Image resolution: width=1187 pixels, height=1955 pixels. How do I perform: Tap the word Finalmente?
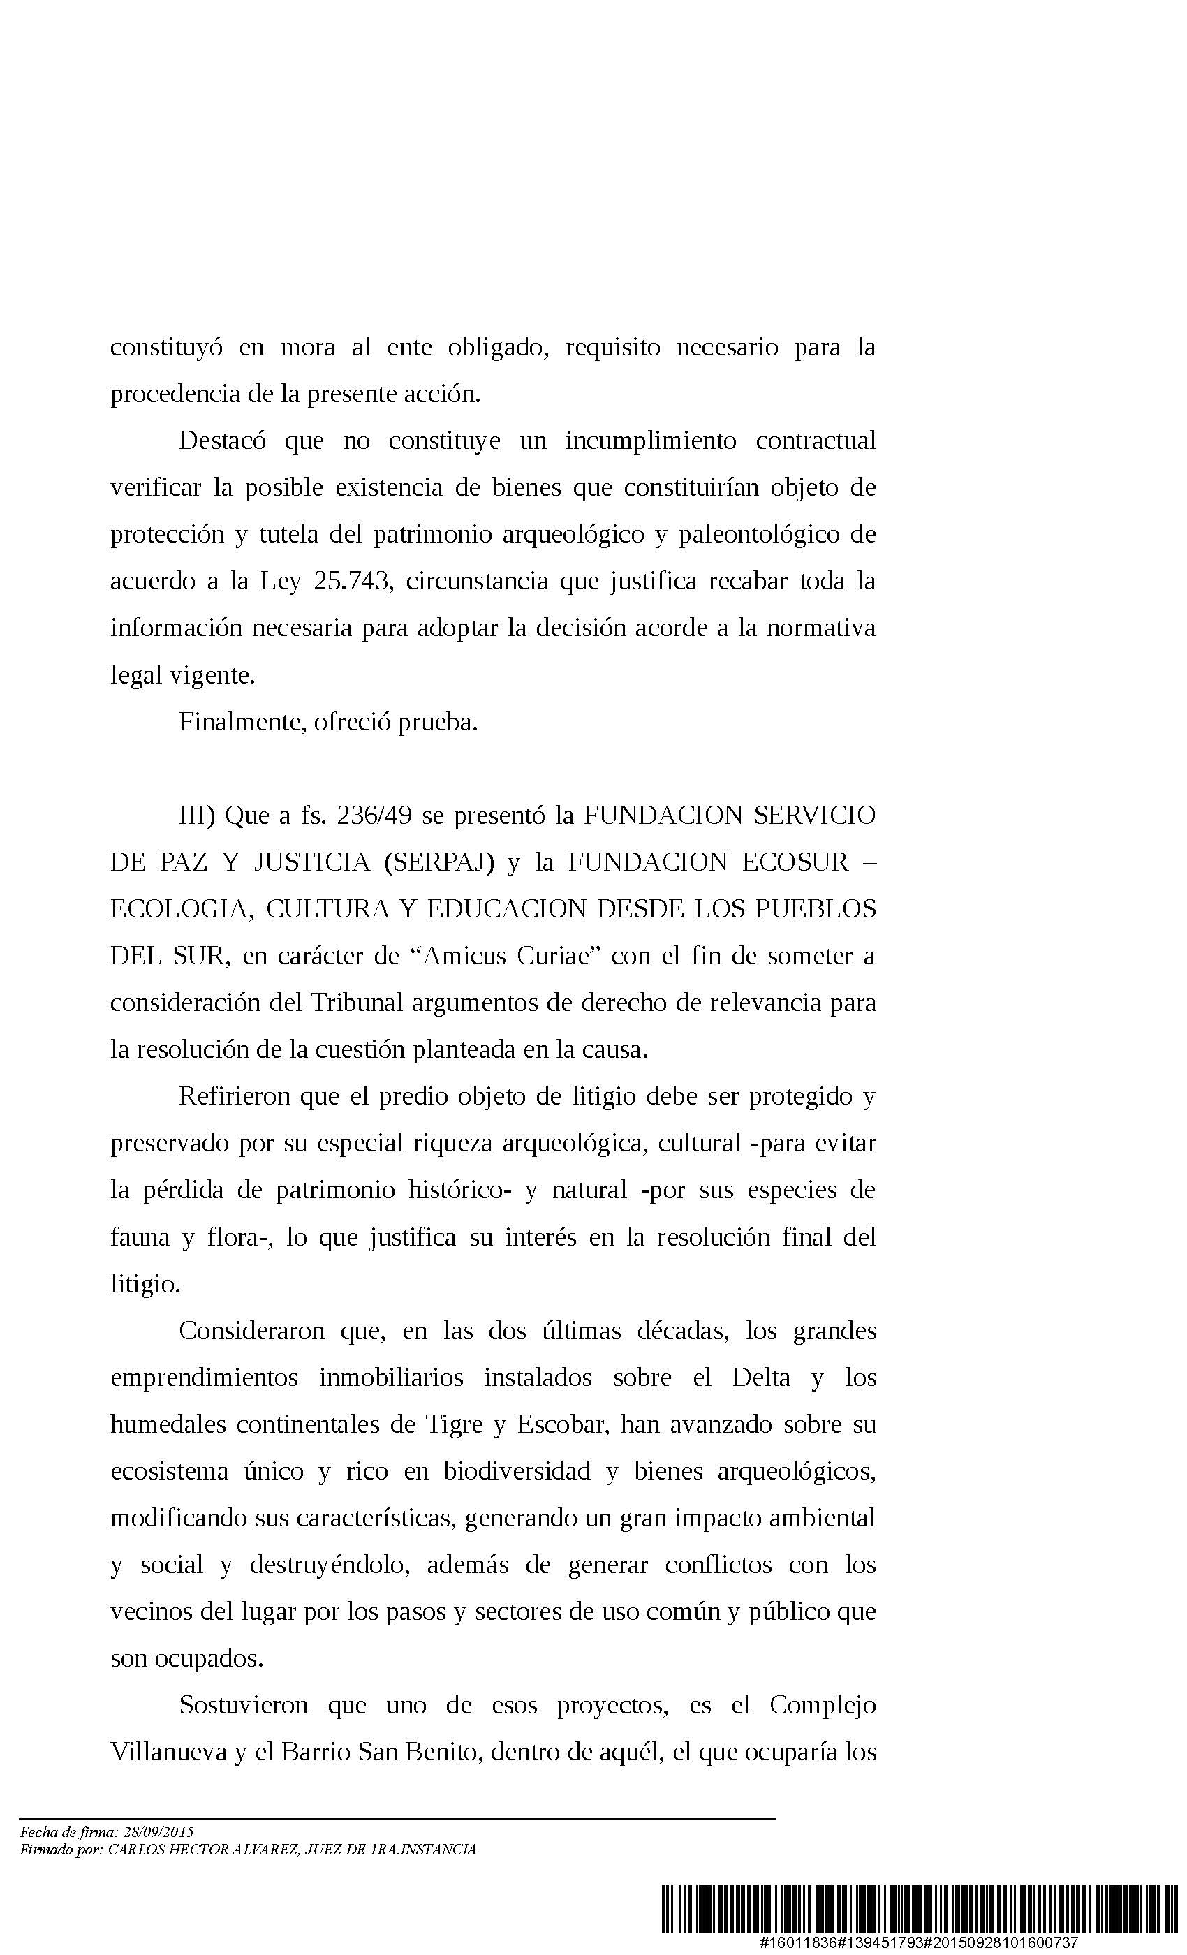[242, 722]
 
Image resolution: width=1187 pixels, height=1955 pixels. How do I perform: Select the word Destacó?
[222, 441]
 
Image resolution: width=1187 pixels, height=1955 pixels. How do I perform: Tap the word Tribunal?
[357, 1003]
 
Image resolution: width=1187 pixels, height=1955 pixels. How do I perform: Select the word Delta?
[761, 1378]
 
